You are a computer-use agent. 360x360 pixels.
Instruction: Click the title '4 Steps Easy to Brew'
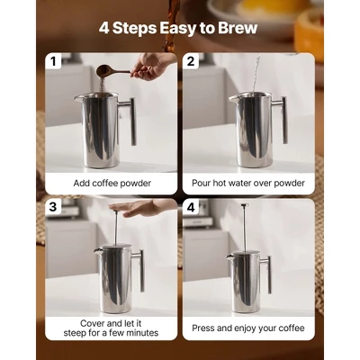(x=179, y=29)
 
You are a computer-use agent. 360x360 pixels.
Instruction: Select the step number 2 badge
(x=192, y=62)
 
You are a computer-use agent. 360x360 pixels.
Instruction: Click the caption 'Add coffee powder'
(x=112, y=183)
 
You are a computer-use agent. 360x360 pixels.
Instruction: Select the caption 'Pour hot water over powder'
(x=248, y=183)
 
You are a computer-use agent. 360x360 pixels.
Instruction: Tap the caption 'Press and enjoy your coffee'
(x=248, y=328)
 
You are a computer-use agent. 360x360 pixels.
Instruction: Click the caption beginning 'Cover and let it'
(x=112, y=321)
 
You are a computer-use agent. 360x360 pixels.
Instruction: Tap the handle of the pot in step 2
(x=283, y=121)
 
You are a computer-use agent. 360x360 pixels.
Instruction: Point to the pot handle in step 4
(x=266, y=273)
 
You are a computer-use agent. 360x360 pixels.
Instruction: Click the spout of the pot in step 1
(x=78, y=98)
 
